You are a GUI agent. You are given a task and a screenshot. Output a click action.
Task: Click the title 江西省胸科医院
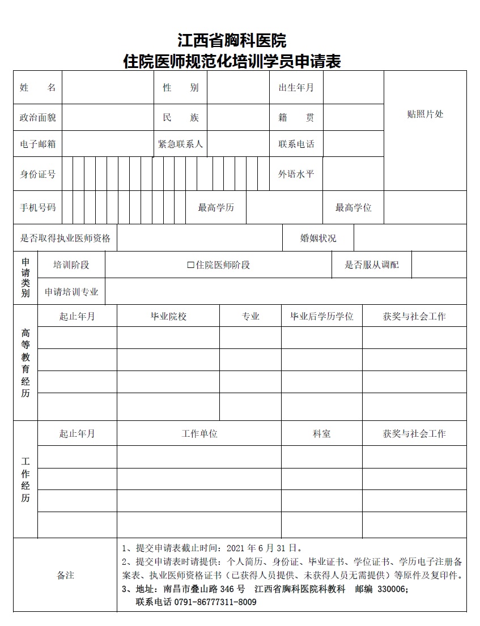[232, 41]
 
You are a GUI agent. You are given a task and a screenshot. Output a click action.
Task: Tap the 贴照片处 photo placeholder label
[425, 114]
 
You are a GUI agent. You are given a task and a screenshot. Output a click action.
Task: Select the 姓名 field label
[37, 88]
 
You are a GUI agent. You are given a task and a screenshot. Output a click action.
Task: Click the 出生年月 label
[296, 88]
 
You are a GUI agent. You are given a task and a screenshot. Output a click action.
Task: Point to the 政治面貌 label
[37, 118]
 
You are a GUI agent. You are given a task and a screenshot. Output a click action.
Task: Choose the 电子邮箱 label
[37, 144]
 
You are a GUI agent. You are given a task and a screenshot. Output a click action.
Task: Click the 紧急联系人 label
[180, 144]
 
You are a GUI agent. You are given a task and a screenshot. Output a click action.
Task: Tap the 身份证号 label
[37, 174]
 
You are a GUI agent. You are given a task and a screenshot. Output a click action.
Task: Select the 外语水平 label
[296, 174]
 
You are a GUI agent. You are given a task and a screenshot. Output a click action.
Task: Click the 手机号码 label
[37, 208]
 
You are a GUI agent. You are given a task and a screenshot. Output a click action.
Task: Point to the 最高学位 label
[353, 208]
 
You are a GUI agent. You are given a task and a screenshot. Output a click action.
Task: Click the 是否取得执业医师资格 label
[65, 239]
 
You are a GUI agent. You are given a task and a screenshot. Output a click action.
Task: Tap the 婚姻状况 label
[318, 239]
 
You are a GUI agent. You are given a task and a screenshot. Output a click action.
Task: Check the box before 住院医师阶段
[190, 265]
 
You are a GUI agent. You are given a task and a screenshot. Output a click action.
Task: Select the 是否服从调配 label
[371, 265]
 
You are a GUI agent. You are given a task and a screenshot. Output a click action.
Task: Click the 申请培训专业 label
[71, 292]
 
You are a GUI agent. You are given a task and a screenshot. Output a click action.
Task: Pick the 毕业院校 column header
[168, 317]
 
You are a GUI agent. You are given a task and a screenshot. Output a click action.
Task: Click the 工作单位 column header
[199, 434]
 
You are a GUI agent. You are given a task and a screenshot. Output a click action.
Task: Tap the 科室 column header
[322, 434]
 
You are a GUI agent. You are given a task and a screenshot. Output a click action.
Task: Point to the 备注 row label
[65, 576]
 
